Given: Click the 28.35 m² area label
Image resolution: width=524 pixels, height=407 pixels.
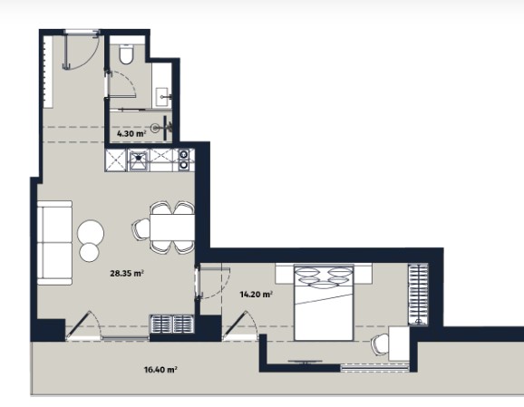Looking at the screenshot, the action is tap(127, 274).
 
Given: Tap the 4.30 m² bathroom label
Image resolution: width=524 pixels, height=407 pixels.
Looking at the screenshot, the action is tap(131, 133).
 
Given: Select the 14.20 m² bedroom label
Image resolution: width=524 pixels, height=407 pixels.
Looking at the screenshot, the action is tap(256, 295).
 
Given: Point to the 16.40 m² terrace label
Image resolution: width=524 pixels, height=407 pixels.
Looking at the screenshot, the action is tap(160, 370).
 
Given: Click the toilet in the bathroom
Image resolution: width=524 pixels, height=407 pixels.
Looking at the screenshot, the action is tap(126, 53).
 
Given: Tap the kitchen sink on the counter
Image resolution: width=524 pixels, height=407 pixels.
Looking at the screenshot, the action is tap(139, 160).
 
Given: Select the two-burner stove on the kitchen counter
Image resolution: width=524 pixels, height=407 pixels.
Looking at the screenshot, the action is tap(184, 160).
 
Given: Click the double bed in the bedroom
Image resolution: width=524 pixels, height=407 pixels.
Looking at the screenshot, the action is tap(324, 303).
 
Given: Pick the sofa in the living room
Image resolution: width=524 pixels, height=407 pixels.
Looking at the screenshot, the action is tap(54, 243).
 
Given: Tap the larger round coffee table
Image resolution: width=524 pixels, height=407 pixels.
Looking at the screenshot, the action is tap(91, 232).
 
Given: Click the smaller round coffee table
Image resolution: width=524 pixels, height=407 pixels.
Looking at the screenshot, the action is tap(90, 252).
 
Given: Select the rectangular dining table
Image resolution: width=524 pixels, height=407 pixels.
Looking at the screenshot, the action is tap(172, 228).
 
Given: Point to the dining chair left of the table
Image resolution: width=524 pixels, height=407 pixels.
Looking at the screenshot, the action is tap(141, 228).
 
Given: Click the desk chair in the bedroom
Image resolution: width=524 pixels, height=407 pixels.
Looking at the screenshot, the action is tap(380, 344).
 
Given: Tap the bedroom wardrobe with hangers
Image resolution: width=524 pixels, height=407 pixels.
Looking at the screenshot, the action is tap(418, 294).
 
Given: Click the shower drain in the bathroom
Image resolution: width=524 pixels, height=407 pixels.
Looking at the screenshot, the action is tap(155, 127).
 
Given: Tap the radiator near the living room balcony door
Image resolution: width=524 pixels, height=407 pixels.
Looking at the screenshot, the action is tap(171, 324).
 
